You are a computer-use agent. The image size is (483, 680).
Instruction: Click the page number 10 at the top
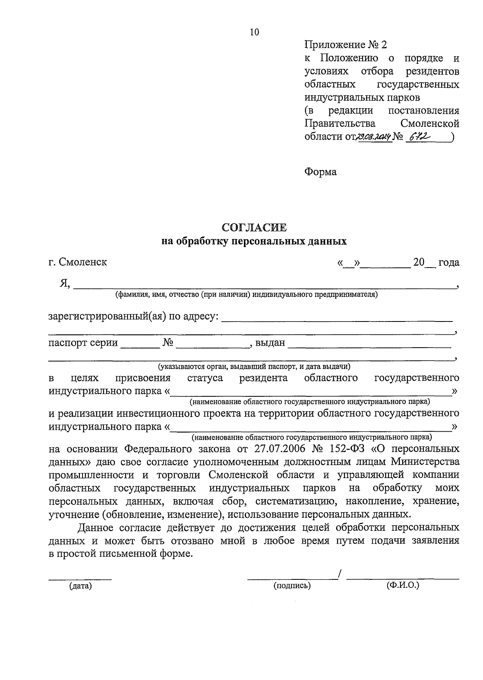point(254,33)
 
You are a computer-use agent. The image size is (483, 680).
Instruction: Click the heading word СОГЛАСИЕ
point(254,228)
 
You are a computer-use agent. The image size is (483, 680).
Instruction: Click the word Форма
point(320,172)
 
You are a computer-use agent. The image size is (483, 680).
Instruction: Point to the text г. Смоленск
point(78,262)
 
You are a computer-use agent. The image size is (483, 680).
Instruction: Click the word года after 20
point(448,263)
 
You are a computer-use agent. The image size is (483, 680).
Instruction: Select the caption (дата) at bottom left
point(80,586)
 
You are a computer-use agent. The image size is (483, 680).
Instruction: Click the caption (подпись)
point(292,586)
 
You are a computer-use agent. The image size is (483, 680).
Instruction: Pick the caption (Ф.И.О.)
point(402,585)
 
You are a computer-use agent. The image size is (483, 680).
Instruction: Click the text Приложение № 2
point(345,45)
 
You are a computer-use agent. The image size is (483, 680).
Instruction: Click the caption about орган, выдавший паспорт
point(254,367)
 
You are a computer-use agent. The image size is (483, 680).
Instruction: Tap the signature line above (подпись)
point(292,579)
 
